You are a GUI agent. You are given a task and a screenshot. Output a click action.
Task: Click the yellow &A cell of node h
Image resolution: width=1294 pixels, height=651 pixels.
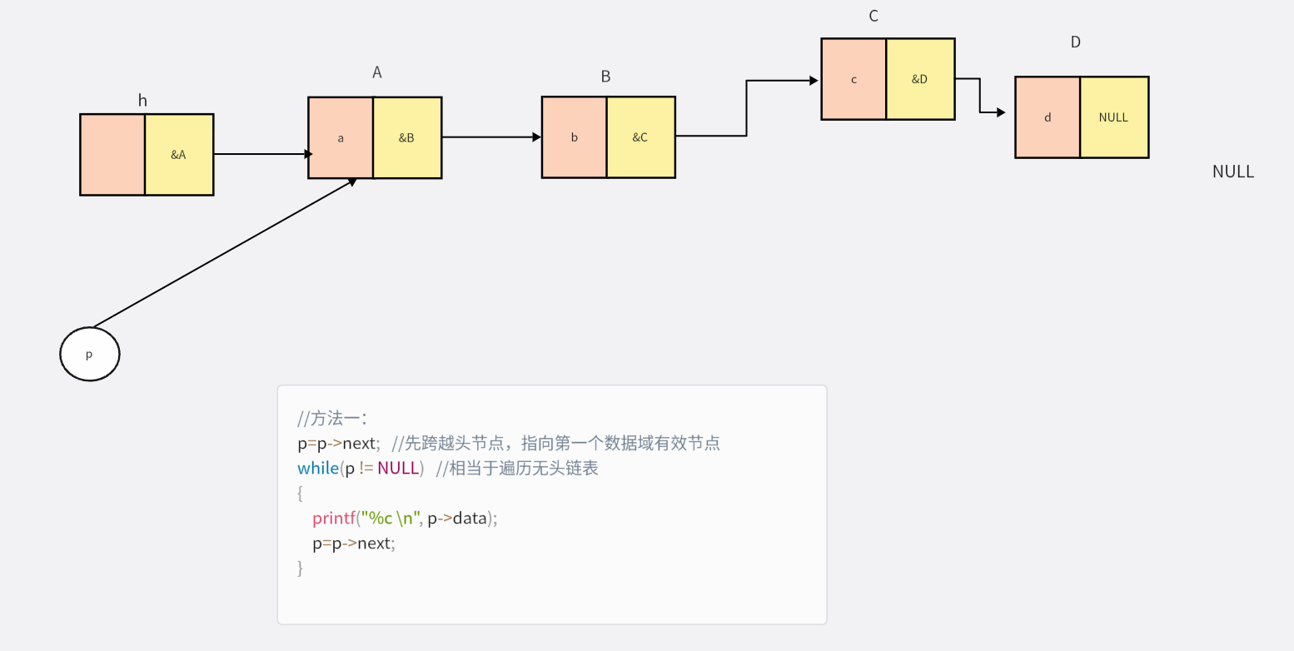(179, 155)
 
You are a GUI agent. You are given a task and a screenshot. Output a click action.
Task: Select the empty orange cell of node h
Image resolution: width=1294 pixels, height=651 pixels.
(112, 155)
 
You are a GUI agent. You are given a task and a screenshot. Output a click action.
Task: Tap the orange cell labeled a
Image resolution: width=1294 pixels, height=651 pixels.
(341, 137)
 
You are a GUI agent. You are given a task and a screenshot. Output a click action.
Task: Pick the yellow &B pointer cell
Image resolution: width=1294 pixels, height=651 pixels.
(407, 137)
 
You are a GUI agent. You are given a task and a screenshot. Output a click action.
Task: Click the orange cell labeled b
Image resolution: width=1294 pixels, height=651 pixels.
(574, 137)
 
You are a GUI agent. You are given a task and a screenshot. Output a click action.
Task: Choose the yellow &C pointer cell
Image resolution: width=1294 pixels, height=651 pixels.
(640, 137)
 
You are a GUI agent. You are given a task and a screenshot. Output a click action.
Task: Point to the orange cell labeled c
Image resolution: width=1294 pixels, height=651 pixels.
(854, 79)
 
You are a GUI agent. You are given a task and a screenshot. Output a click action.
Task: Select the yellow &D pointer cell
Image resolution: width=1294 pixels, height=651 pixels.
(920, 79)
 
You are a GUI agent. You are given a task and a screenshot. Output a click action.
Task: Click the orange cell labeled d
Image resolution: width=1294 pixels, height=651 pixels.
(1048, 117)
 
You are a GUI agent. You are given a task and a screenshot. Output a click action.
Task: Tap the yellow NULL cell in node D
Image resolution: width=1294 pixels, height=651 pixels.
(1114, 117)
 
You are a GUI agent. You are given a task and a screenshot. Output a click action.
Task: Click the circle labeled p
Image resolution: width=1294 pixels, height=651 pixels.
(90, 354)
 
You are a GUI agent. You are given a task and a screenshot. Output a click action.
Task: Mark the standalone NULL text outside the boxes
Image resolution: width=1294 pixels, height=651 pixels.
(1232, 171)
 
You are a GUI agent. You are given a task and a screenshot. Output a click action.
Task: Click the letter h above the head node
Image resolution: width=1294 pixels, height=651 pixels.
(142, 101)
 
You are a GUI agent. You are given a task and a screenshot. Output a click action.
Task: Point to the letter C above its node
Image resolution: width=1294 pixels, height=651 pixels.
(873, 16)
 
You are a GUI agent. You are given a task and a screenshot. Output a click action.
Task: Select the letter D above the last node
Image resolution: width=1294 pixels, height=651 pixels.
(1075, 42)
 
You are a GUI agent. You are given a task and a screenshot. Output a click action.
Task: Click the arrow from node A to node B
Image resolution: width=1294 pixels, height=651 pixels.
(491, 137)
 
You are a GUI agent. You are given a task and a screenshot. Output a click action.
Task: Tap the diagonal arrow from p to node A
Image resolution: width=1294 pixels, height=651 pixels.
(225, 252)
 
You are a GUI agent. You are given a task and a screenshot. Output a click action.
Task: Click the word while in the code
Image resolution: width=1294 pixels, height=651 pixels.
(317, 468)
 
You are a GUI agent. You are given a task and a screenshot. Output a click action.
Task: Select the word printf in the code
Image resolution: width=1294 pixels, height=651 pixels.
(334, 518)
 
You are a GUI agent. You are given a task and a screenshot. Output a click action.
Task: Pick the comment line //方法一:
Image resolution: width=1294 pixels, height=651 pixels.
(332, 418)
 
